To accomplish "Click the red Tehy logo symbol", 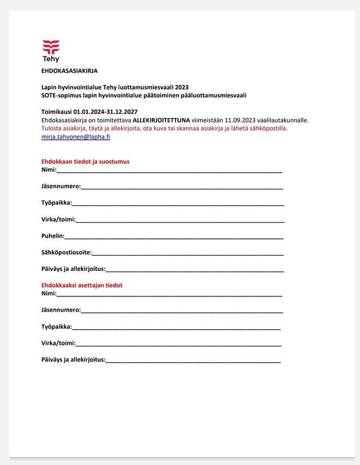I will [51, 46].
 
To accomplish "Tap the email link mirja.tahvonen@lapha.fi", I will [76, 136].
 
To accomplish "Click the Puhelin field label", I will [52, 237].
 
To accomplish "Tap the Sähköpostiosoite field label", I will [66, 253].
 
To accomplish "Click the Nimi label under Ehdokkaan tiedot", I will [48, 170].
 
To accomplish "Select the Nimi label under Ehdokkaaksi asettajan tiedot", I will [48, 294].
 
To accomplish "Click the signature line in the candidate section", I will [195, 270].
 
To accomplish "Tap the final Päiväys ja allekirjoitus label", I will [73, 360].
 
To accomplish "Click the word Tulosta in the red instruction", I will [52, 128].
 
